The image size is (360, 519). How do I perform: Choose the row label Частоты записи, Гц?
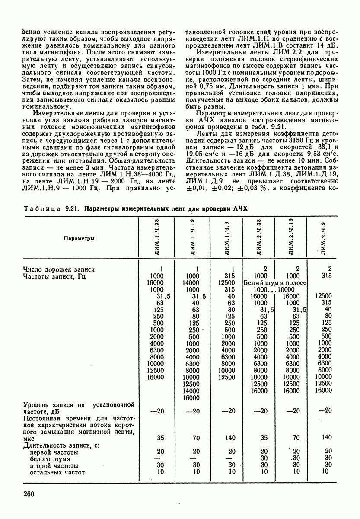54,277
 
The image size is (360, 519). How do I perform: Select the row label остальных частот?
57,472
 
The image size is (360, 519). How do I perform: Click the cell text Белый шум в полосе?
275,283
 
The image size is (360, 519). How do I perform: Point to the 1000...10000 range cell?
274,290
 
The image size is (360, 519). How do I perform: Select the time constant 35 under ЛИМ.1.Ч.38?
160,438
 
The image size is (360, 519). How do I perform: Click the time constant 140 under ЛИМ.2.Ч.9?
326,438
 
